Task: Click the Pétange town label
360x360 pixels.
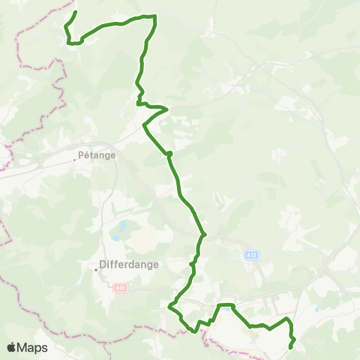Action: [x=97, y=157]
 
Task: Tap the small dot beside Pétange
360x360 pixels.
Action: [x=76, y=157]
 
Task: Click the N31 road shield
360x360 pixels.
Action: [x=119, y=287]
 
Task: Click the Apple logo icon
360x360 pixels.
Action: [x=12, y=347]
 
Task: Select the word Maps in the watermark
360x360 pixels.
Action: [x=34, y=348]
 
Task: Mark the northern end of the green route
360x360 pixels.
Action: [x=76, y=12]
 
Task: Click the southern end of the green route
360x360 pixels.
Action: [x=290, y=347]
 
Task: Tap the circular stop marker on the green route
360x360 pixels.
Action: [x=169, y=154]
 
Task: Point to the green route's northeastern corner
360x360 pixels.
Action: [x=154, y=16]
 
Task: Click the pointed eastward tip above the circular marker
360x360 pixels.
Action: [x=167, y=109]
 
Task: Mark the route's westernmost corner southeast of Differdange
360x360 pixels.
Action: [x=169, y=307]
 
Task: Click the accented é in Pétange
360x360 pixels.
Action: [x=87, y=157]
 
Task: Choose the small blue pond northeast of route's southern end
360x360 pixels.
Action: [x=317, y=309]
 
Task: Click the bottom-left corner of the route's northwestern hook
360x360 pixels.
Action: [x=70, y=43]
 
